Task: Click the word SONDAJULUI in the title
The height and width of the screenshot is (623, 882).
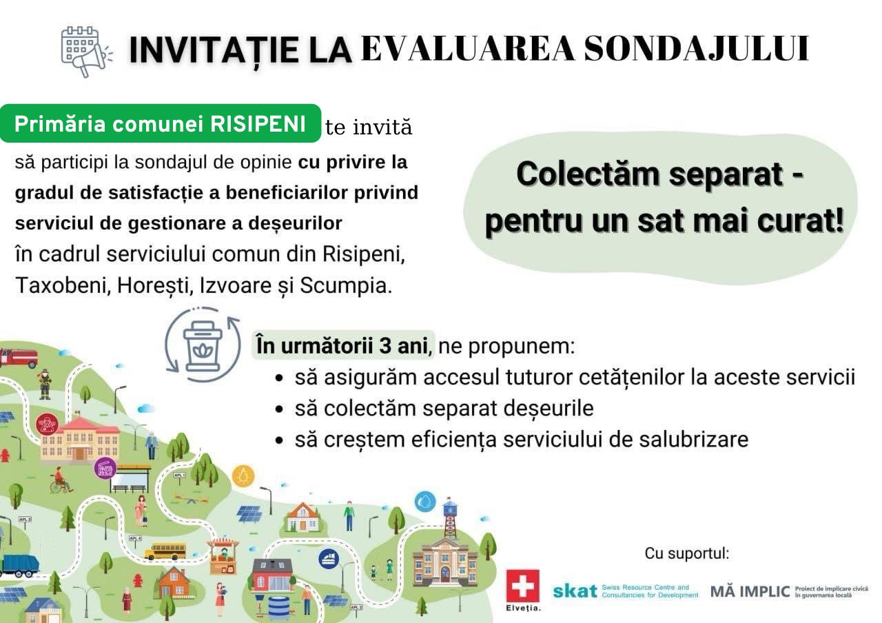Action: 696,49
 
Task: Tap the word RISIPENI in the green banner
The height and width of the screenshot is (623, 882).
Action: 258,124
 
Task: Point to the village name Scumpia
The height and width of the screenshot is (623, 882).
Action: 346,285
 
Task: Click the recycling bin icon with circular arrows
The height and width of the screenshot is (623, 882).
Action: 203,345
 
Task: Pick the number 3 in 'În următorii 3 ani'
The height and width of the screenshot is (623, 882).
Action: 385,346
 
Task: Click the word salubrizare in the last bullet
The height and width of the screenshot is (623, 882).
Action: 693,440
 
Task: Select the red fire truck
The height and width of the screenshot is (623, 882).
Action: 19,358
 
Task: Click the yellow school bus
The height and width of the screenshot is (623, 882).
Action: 165,551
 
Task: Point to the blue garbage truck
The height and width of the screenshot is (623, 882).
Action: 20,566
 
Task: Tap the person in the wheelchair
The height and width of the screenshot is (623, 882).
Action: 61,480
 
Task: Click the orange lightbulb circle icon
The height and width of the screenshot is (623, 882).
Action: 243,476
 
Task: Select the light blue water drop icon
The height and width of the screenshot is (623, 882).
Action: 425,502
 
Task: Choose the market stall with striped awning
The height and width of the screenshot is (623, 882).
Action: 223,556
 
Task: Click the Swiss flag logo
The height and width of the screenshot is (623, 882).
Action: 522,586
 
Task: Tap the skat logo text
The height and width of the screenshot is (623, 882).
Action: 575,591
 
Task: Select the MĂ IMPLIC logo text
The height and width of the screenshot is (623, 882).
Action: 750,591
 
